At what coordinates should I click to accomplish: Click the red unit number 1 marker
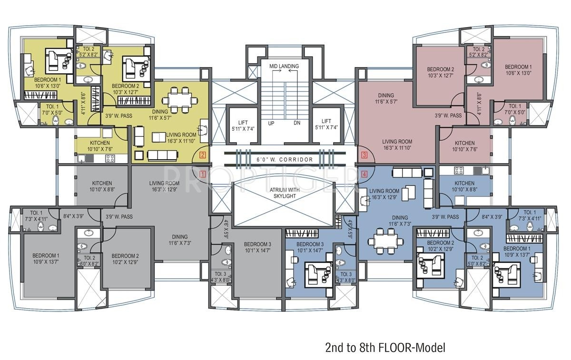(x=202, y=174)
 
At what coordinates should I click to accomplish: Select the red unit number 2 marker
(x=202, y=155)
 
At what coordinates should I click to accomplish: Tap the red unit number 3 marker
(x=364, y=155)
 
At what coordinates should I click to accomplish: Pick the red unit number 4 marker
(x=364, y=174)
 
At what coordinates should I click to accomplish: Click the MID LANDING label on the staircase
(x=284, y=66)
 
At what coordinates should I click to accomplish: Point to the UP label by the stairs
(x=271, y=123)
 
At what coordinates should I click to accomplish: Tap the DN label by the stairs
(x=297, y=123)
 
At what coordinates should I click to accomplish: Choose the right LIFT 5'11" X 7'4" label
(x=326, y=125)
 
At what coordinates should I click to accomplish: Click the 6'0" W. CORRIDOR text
(x=285, y=160)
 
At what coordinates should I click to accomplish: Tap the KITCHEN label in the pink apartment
(x=464, y=146)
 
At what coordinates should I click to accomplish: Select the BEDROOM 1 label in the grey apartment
(x=46, y=258)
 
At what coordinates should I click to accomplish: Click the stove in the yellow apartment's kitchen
(x=110, y=158)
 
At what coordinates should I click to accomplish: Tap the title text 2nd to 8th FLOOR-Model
(x=385, y=348)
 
